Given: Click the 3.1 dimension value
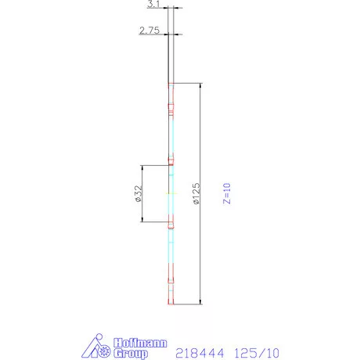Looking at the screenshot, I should point(153,5).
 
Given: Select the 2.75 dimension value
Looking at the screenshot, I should point(149,30).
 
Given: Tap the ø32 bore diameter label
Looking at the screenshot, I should point(139,193).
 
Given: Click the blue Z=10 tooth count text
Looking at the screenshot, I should point(227,193).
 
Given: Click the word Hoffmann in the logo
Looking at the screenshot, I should point(135,342).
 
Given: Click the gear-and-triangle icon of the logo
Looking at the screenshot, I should point(100,346).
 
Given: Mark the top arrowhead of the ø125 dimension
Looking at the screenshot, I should point(201,86).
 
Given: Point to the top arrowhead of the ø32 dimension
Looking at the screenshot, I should point(142,167).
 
